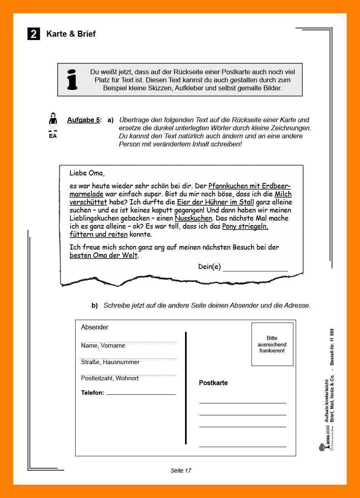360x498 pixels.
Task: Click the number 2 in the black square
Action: coord(34,34)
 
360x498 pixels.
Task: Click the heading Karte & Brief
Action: coord(71,34)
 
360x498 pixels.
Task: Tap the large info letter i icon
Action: coord(72,79)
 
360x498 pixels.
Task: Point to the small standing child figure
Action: coord(53,122)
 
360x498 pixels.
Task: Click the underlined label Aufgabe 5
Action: coord(83,120)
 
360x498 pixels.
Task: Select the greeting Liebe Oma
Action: coord(87,173)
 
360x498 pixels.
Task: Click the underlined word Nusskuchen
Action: coord(193,218)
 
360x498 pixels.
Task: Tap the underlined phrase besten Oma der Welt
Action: coord(104,255)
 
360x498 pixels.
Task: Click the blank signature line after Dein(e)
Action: coord(255,268)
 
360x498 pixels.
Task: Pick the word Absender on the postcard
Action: coord(95,327)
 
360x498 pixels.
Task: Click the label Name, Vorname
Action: coord(103,346)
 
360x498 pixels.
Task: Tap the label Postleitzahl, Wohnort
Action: coord(110,378)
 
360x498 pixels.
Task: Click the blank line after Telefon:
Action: coord(141,394)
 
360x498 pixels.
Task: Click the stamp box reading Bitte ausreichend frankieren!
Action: coord(272,344)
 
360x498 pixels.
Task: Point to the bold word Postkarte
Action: coord(213,383)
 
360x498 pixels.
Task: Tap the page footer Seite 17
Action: coord(181,471)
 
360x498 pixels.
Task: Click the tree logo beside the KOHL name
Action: coord(322,447)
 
